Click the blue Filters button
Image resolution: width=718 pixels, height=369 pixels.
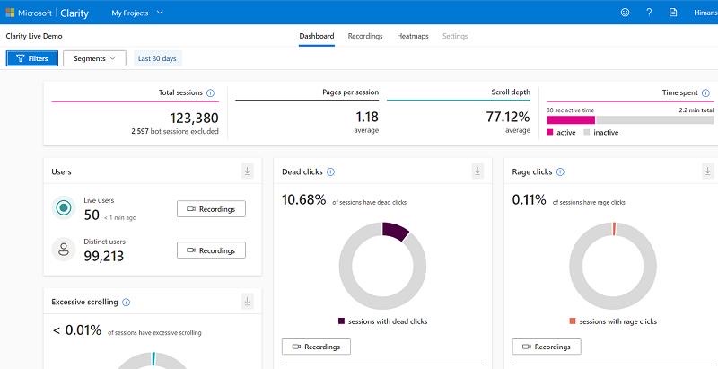click(x=32, y=58)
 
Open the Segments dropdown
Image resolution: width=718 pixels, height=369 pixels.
click(x=94, y=58)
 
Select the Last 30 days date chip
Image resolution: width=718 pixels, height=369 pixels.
click(x=158, y=58)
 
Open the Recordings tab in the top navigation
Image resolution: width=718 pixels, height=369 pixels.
click(x=365, y=36)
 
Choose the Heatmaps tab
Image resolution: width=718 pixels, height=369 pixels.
click(x=413, y=36)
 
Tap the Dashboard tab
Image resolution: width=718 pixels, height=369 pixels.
click(x=317, y=36)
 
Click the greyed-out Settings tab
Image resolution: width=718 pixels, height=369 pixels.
click(x=455, y=36)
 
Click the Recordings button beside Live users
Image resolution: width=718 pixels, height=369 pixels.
click(x=211, y=209)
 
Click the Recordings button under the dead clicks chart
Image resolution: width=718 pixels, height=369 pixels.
click(x=316, y=347)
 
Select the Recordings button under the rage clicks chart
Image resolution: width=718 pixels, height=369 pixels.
click(x=547, y=347)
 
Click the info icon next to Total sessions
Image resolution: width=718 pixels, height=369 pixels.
click(x=210, y=93)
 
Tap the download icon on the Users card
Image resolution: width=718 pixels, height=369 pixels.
click(x=248, y=171)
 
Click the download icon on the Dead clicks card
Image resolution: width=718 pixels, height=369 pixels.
click(x=477, y=171)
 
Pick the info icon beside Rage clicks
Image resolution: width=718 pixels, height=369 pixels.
click(x=560, y=172)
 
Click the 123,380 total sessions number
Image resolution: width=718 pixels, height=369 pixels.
click(x=194, y=119)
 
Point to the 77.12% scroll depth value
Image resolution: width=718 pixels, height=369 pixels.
click(x=508, y=118)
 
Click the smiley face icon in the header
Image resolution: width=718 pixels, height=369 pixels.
click(x=625, y=13)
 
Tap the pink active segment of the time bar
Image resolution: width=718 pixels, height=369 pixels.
click(x=571, y=120)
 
